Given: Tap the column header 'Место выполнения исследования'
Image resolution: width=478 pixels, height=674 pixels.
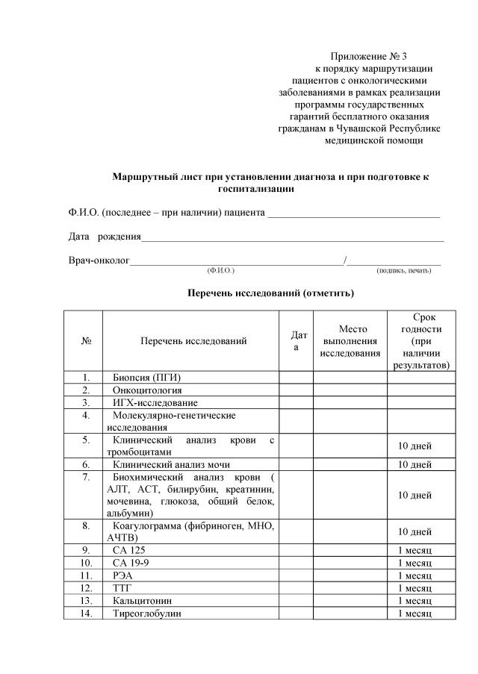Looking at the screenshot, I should (x=350, y=341).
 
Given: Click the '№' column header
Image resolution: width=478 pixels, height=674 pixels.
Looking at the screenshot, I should (x=86, y=341).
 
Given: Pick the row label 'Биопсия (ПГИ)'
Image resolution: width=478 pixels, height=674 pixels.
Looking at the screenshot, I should (x=147, y=377).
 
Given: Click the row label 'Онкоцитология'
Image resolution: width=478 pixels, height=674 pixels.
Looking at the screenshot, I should (x=147, y=390).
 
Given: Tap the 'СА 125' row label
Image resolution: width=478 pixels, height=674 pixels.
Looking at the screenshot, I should (x=129, y=550).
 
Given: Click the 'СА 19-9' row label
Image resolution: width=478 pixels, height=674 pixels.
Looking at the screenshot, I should (x=131, y=563).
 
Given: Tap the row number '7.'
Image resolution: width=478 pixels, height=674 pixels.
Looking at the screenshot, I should (x=87, y=476).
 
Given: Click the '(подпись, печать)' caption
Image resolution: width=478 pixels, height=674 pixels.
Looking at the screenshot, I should (x=404, y=269).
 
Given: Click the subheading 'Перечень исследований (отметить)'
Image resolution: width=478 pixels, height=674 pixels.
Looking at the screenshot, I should (x=270, y=293).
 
